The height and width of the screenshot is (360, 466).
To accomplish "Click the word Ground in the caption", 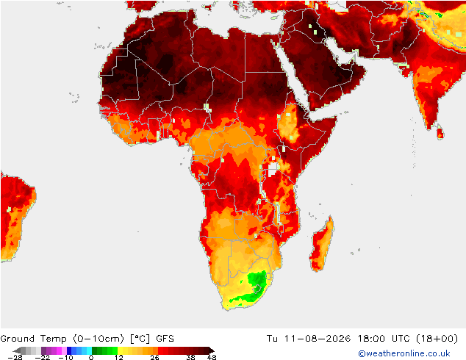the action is pyautogui.click(x=17, y=339).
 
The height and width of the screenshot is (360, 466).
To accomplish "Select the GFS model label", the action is pyautogui.click(x=165, y=339).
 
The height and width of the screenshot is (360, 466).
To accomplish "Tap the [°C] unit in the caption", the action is pyautogui.click(x=140, y=339).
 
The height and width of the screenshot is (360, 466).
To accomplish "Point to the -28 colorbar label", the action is pyautogui.click(x=15, y=357).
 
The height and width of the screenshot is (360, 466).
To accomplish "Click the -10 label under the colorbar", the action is pyautogui.click(x=65, y=357).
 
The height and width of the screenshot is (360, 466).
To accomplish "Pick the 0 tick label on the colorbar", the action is pyautogui.click(x=91, y=357).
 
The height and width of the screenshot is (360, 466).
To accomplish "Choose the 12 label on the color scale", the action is pyautogui.click(x=119, y=357).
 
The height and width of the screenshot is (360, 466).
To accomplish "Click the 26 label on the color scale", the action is pyautogui.click(x=154, y=357).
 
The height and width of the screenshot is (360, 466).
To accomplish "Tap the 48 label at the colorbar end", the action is pyautogui.click(x=212, y=357).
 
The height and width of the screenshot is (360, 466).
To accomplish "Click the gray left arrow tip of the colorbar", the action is pyautogui.click(x=13, y=350).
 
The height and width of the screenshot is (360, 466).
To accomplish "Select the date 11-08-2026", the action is pyautogui.click(x=318, y=339).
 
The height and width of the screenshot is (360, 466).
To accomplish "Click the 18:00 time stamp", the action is pyautogui.click(x=371, y=339).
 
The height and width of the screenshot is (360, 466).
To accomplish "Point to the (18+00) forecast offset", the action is pyautogui.click(x=437, y=339).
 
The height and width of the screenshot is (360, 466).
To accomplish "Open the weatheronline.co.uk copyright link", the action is pyautogui.click(x=404, y=353).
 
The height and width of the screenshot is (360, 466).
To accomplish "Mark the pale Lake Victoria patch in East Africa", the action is pyautogui.click(x=273, y=169).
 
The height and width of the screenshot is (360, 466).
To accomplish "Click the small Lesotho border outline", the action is pyautogui.click(x=257, y=289).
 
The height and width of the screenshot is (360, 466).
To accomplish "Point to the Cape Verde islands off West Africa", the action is pyautogui.click(x=74, y=98).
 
